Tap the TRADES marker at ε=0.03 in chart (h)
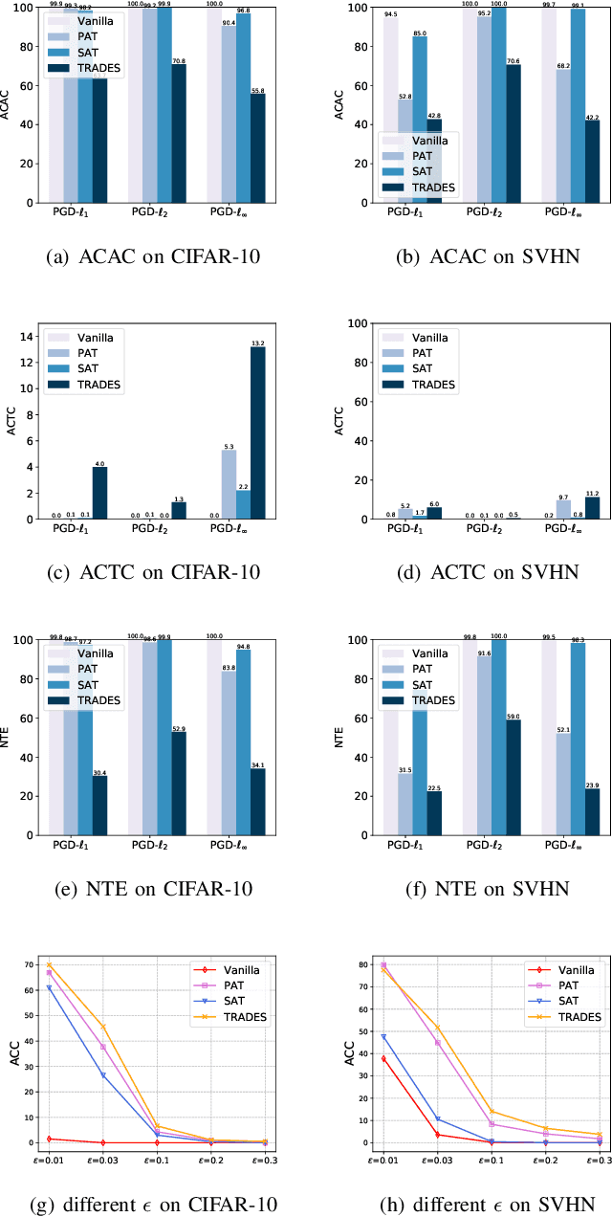tap(437, 1028)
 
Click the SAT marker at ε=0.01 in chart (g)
tap(49, 987)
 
